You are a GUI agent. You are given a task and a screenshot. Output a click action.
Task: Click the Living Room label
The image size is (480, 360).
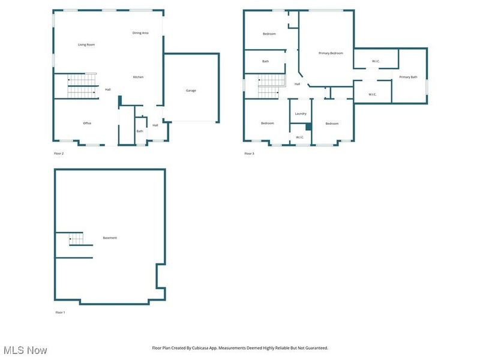pyautogui.click(x=86, y=44)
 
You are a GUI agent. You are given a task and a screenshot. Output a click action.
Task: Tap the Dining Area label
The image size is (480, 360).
pyautogui.click(x=140, y=33)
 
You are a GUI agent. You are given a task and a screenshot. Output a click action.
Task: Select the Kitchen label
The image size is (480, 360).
pyautogui.click(x=138, y=77)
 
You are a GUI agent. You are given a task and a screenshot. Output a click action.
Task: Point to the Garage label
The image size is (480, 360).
pyautogui.click(x=191, y=91)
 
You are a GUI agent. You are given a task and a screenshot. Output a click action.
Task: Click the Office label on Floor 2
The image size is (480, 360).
pyautogui.click(x=87, y=123)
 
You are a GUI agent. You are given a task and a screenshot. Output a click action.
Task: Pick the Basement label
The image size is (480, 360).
pyautogui.click(x=110, y=238)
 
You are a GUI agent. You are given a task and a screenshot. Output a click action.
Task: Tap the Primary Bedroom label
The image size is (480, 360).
pyautogui.click(x=331, y=53)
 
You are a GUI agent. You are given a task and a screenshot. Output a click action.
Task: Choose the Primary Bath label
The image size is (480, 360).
pyautogui.click(x=408, y=77)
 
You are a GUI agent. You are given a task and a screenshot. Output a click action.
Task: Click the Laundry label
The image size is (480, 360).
pyautogui.click(x=301, y=113)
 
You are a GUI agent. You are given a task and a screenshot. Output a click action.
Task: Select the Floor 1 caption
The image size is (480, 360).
pyautogui.click(x=60, y=313)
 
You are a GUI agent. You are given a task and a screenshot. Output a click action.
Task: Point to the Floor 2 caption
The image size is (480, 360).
pyautogui.click(x=59, y=154)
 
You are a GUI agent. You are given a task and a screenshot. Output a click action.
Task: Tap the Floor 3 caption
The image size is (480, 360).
pyautogui.click(x=249, y=154)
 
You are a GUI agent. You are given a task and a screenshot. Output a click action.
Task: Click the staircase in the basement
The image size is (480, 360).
pyautogui.click(x=76, y=239)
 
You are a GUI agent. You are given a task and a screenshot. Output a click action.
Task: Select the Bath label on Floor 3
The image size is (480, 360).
pyautogui.click(x=265, y=61)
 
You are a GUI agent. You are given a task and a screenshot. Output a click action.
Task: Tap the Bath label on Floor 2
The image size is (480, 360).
pyautogui.click(x=140, y=131)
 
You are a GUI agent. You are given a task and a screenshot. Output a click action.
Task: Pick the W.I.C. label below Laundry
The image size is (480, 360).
pyautogui.click(x=300, y=137)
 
